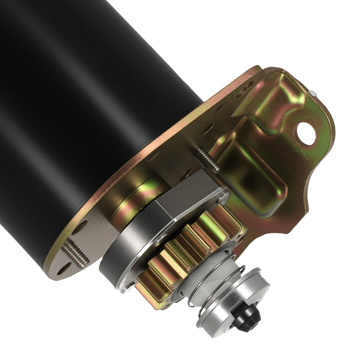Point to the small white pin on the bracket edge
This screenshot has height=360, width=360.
tap(314, 93)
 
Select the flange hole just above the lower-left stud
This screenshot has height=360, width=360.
tap(80, 228)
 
